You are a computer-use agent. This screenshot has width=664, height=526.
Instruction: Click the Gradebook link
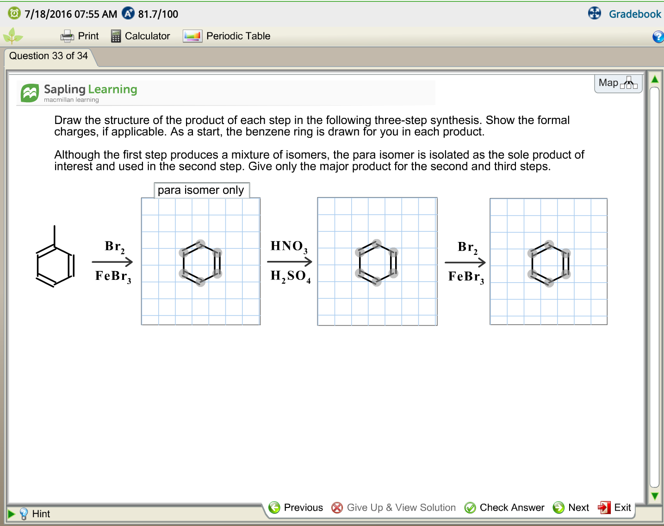click(634, 14)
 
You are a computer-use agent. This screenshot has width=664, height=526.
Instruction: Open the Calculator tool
click(140, 36)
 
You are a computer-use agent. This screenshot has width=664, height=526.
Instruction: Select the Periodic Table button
click(226, 36)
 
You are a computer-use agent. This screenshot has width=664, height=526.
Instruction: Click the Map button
click(618, 83)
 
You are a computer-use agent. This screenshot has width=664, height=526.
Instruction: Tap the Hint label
click(41, 514)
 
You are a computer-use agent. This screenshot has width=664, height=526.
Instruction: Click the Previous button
click(296, 507)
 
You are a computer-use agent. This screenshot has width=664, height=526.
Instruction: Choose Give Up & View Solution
click(393, 507)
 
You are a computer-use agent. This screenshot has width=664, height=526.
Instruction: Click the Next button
click(571, 507)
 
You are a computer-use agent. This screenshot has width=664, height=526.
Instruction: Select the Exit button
click(614, 507)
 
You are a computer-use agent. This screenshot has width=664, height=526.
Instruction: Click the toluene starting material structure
click(55, 257)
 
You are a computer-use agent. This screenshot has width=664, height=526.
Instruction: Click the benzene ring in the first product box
click(200, 263)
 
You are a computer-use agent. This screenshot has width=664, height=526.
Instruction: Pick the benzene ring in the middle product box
click(377, 262)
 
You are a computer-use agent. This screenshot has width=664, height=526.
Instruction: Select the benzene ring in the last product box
click(549, 264)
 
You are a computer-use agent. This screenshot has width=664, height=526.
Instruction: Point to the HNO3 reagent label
click(289, 247)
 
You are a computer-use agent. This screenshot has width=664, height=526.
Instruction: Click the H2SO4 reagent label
click(290, 276)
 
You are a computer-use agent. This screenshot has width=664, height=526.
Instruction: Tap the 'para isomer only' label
click(201, 190)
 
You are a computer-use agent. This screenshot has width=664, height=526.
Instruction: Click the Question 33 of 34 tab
click(49, 56)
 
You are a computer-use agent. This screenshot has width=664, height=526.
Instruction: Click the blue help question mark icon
click(658, 37)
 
